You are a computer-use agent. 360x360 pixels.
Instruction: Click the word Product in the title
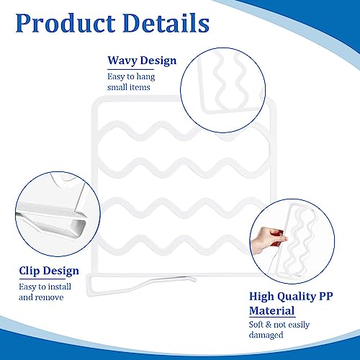coord(66,23)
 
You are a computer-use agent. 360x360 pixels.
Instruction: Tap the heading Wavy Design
coord(142,60)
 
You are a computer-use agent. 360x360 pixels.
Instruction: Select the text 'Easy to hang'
coord(131,77)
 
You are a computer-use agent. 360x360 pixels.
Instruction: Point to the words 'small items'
coord(129,87)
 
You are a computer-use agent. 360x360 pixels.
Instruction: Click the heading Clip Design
coord(49,271)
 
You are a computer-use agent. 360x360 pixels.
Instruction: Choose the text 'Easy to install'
coord(45,287)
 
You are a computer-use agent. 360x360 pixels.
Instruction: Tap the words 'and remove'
coord(41,297)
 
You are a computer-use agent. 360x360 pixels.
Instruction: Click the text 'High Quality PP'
coord(291,297)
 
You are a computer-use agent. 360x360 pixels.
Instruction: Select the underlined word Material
coord(272,310)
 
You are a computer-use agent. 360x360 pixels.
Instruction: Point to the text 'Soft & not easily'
coord(279,325)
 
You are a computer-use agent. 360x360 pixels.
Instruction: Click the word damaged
coord(266,335)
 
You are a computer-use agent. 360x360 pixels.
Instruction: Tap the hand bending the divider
coord(269,239)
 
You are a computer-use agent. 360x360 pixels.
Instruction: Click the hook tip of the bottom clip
coord(195,279)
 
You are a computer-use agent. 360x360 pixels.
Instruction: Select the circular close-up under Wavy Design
coord(223,90)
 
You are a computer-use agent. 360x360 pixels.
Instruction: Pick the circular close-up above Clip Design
coord(58,214)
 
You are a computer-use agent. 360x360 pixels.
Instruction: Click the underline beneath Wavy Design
coord(130,70)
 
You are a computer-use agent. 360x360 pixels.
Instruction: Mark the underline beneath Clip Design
coord(42,279)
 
